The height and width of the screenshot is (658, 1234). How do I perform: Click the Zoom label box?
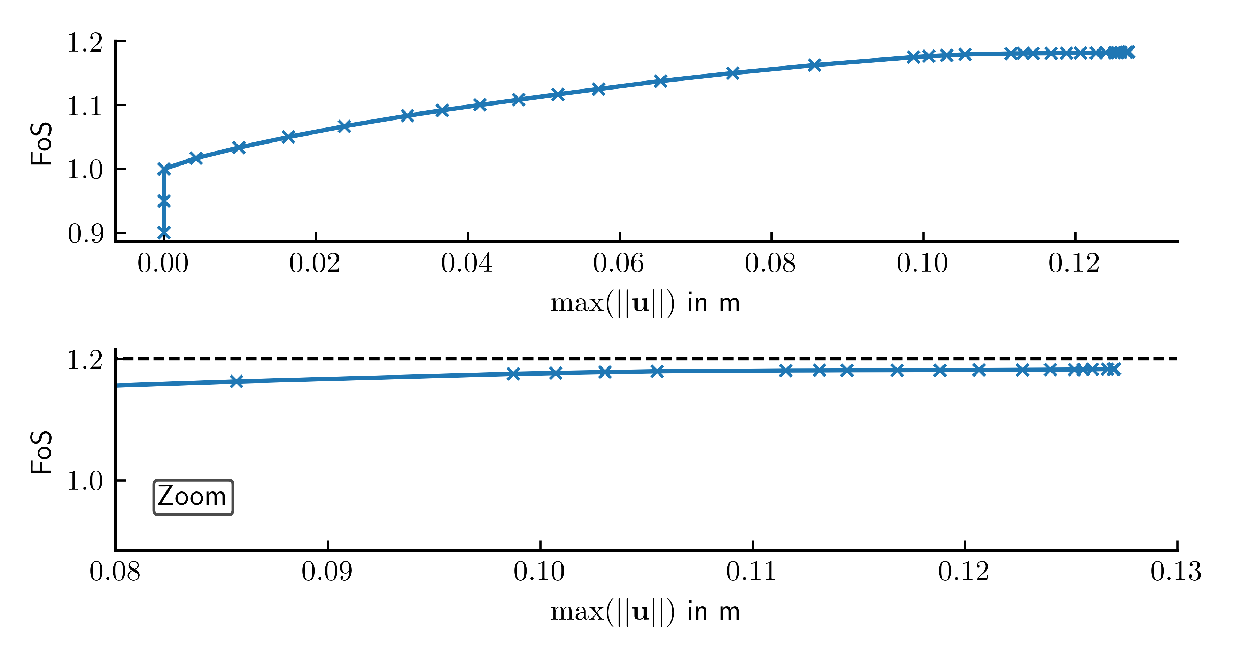pos(193,497)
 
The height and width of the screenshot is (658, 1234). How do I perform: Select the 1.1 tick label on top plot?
pos(85,106)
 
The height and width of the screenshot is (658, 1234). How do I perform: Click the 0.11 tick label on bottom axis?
pos(751,571)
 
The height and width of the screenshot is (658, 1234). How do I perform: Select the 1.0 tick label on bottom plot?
pos(85,481)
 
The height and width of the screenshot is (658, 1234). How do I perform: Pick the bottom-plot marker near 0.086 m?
pos(236,381)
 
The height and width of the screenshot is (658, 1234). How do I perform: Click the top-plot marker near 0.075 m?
pos(732,73)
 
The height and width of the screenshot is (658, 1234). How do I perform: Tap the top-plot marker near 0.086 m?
pos(814,65)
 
